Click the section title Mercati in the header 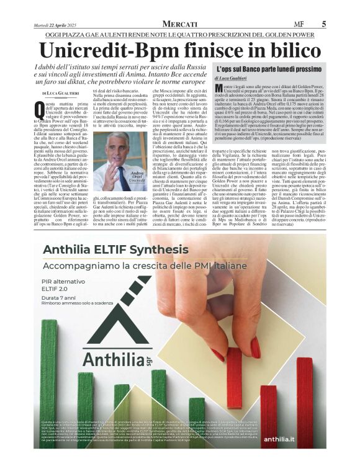click(179, 24)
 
